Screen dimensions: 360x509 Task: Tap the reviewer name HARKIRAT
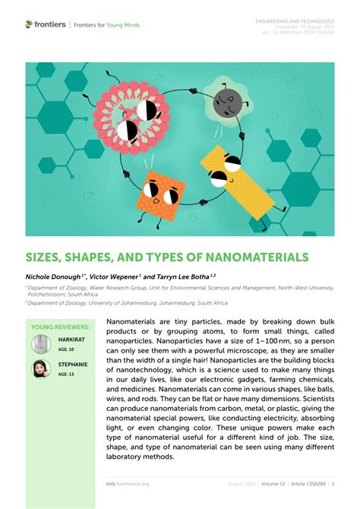[72, 339]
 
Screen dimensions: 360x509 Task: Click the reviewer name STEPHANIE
[73, 365]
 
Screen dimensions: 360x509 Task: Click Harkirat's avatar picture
[41, 343]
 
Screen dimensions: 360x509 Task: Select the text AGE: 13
[67, 375]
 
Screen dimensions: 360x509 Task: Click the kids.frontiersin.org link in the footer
[128, 483]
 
